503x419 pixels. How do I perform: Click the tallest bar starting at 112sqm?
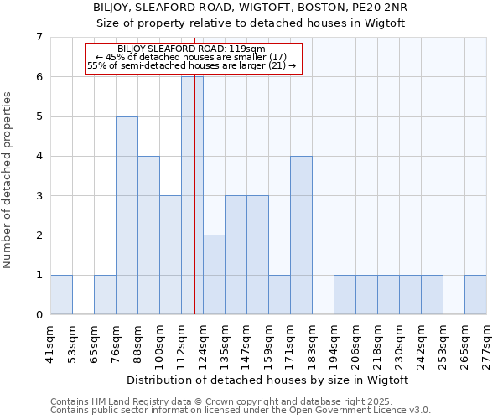(192, 195)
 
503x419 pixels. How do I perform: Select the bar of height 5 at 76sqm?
(127, 215)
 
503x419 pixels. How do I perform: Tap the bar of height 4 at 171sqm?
(301, 235)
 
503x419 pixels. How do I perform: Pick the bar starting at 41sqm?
(61, 294)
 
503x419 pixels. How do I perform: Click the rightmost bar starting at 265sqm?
(475, 294)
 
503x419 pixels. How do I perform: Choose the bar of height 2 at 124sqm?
(214, 275)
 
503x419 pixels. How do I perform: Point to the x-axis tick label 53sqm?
(74, 342)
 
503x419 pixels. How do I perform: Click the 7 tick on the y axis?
(39, 37)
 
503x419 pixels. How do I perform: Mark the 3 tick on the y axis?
(39, 196)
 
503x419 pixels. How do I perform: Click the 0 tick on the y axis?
(39, 315)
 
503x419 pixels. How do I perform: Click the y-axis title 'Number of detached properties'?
(8, 179)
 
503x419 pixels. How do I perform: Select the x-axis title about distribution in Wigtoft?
(268, 380)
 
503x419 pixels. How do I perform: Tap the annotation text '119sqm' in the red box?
(249, 49)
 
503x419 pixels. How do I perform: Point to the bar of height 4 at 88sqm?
(148, 235)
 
